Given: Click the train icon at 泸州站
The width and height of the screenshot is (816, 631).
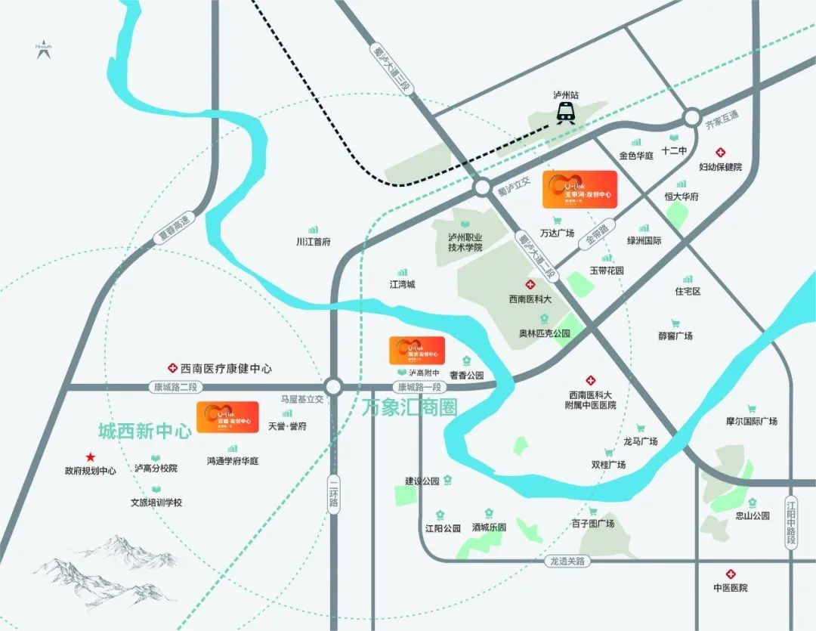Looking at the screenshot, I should [x=565, y=113].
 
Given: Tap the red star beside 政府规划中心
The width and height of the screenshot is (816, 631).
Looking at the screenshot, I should [x=91, y=457].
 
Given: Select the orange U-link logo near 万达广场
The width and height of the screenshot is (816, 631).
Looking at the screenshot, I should [x=580, y=189].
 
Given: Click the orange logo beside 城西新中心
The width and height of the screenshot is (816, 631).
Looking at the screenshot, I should [x=227, y=417].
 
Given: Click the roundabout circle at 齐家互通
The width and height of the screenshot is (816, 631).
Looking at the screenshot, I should [x=691, y=117].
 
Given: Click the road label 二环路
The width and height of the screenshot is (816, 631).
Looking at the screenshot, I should [x=333, y=495].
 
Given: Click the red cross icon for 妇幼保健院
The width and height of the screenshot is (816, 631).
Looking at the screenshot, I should [x=721, y=152].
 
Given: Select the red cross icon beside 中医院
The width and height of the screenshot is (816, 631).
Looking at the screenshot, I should [x=730, y=574].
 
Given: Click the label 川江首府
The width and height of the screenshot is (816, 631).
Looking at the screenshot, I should [x=313, y=243].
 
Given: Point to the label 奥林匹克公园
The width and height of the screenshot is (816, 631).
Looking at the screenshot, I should [x=544, y=333].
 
